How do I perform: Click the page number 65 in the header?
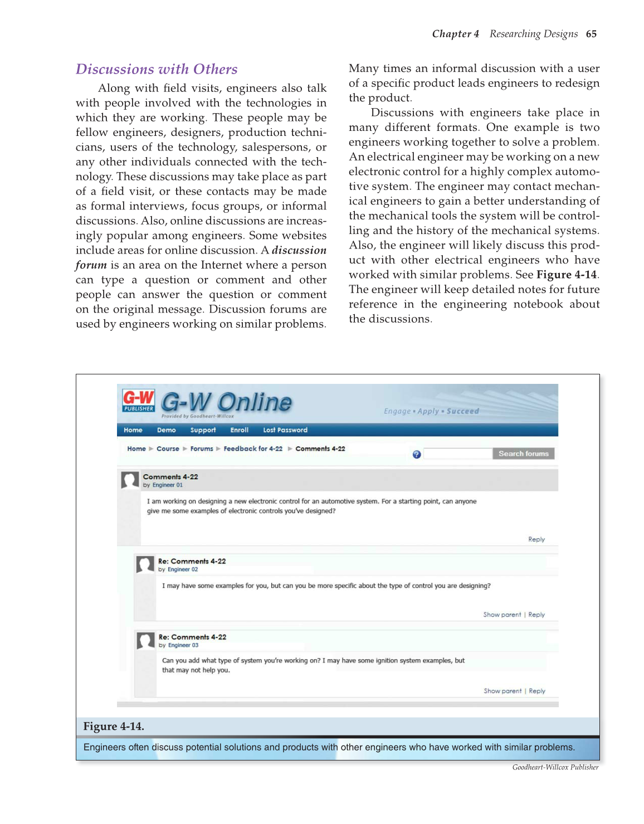[591, 34]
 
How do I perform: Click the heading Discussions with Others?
[157, 69]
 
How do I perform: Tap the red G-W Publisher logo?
[138, 401]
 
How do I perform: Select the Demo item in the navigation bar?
[166, 430]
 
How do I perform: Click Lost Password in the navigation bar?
[285, 430]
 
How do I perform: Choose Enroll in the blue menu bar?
[239, 430]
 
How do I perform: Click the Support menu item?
[203, 430]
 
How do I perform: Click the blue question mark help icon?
[416, 455]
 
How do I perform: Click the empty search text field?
[457, 454]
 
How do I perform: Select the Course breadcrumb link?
[168, 449]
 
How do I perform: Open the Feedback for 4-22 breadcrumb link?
[253, 449]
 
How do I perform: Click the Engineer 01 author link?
[167, 485]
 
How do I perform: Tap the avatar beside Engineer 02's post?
[145, 564]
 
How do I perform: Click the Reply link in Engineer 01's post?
[536, 539]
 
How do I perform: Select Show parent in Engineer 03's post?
[502, 691]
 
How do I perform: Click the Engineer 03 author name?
[183, 645]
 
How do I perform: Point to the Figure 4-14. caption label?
[114, 727]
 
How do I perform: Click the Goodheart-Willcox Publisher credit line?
[555, 767]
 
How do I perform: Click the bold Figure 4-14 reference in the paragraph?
[567, 275]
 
